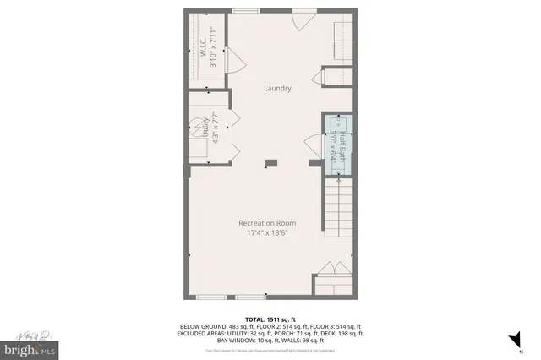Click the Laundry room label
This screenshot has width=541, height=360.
277,88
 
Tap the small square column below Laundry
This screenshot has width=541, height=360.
270,163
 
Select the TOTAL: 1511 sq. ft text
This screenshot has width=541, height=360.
270,319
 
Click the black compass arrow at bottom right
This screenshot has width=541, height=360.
511,341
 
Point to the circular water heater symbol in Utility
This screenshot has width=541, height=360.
194,123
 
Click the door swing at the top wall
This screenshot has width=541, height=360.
302,22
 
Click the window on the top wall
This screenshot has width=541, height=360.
246,10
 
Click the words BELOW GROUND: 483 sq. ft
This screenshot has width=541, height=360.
214,326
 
